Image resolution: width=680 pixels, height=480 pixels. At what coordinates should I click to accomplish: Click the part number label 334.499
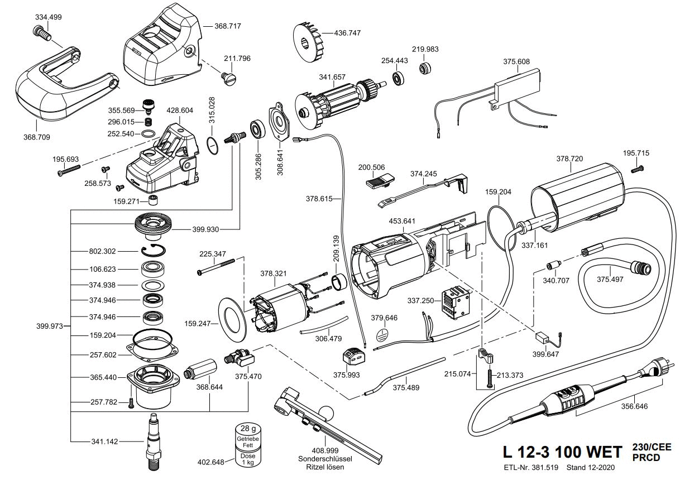(x=48, y=17)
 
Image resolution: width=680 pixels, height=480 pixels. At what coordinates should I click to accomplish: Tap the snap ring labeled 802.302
(x=152, y=251)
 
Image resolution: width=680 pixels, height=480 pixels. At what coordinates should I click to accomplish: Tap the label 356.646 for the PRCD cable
(x=634, y=406)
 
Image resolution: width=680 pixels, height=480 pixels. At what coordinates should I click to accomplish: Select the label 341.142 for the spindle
(x=105, y=442)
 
